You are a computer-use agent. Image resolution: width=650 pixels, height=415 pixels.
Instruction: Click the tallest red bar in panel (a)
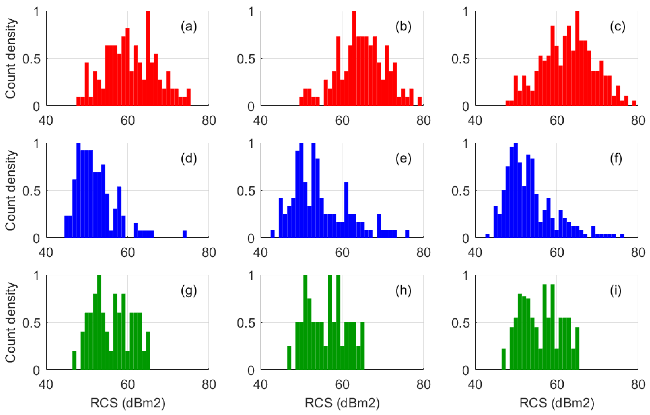pos(148,58)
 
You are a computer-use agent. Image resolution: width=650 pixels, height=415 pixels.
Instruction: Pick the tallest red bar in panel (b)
pos(354,58)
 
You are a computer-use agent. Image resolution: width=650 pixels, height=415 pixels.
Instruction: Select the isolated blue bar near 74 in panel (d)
pos(185,234)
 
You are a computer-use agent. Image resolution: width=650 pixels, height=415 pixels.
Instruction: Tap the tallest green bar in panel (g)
pos(99,322)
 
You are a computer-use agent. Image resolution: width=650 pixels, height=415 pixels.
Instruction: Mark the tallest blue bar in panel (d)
pos(79,190)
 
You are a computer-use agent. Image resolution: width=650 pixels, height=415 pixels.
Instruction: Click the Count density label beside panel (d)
pos(11,190)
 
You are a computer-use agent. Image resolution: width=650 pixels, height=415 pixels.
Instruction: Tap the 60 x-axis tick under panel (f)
pos(557,253)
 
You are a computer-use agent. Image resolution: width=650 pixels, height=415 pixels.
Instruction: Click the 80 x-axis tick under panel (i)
pos(638,385)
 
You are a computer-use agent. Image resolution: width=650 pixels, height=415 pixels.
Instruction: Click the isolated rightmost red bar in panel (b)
pos(420,101)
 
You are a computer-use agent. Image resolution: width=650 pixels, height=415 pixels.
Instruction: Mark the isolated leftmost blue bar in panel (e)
pos(273,234)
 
